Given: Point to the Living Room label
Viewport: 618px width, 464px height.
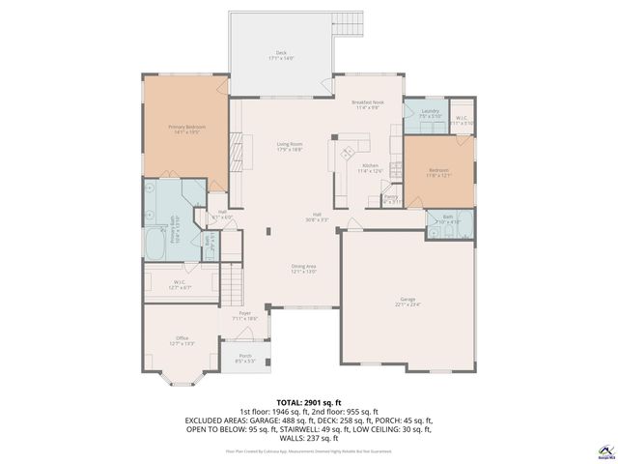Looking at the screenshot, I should [x=290, y=147].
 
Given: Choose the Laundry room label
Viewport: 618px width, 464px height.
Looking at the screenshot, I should [x=431, y=114].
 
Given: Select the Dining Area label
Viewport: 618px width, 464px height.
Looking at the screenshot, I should [x=304, y=269].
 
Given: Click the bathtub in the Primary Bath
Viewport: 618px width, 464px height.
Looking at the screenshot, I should [x=155, y=246].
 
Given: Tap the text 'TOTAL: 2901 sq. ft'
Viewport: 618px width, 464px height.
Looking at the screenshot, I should [x=309, y=401].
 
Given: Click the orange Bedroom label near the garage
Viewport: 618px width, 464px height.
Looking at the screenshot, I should [x=438, y=172].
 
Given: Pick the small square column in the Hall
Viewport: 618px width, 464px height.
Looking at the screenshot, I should [x=268, y=230].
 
